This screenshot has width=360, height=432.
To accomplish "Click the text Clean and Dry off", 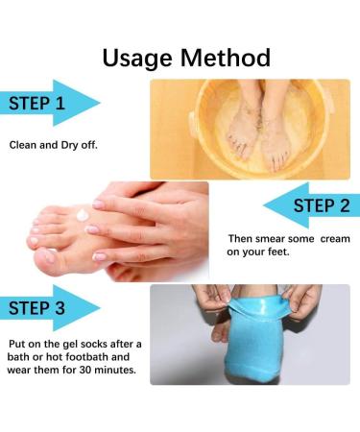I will click(54, 144).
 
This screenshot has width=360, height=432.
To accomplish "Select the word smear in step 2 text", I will click(277, 238).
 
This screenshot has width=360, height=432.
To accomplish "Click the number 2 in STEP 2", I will click(343, 205).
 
